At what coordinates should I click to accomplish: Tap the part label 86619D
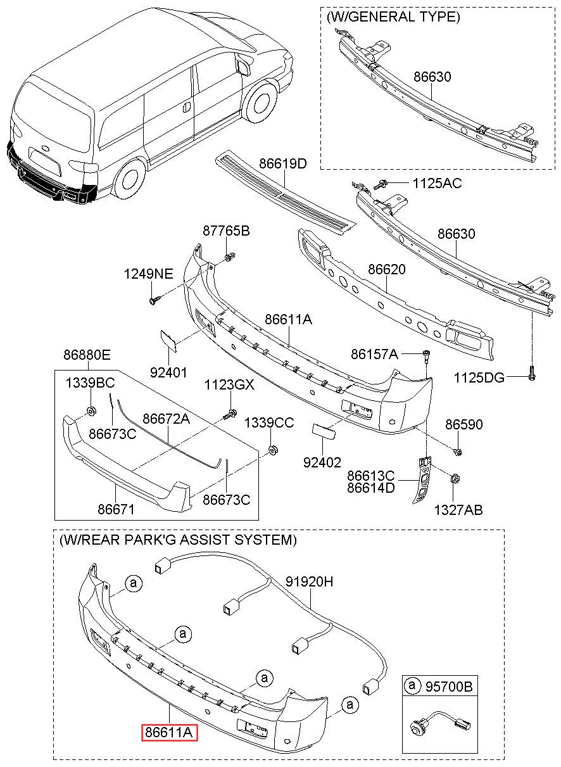283,163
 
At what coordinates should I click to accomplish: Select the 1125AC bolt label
437,183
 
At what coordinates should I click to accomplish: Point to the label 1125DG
479,377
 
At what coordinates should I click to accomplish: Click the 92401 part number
169,372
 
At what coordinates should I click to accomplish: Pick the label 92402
322,462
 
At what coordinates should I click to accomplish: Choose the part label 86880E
87,355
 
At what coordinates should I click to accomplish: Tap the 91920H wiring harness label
309,581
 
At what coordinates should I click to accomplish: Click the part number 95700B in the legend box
449,686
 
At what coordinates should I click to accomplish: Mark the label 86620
387,269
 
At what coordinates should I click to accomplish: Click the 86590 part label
463,424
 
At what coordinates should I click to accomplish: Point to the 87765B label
226,231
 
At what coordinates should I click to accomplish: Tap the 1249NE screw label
149,274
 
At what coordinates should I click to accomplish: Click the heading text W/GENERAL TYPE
394,16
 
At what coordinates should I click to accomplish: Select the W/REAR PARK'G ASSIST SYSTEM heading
178,540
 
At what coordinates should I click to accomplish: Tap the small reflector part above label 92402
323,431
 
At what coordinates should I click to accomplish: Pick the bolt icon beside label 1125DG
532,374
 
